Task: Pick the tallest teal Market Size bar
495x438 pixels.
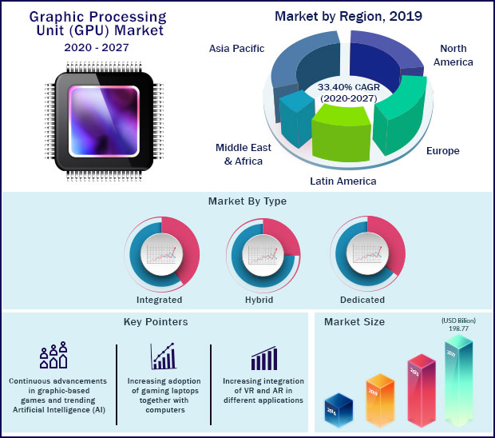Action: (x=458, y=376)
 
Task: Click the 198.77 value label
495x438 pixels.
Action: (x=457, y=328)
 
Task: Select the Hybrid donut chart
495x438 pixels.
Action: (x=261, y=253)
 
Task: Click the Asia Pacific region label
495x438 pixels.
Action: (x=236, y=49)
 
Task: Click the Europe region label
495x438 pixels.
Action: (x=442, y=149)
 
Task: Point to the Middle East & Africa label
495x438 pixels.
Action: (x=244, y=153)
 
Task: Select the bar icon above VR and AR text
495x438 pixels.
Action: (x=263, y=358)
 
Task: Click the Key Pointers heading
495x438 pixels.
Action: (x=156, y=322)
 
